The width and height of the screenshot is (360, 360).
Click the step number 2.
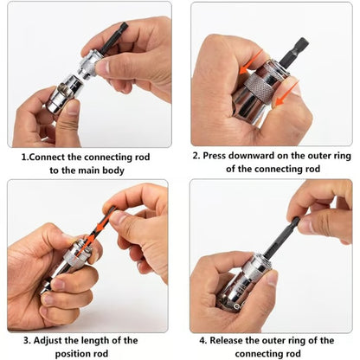(x=196, y=156)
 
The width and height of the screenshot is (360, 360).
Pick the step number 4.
(x=203, y=340)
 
